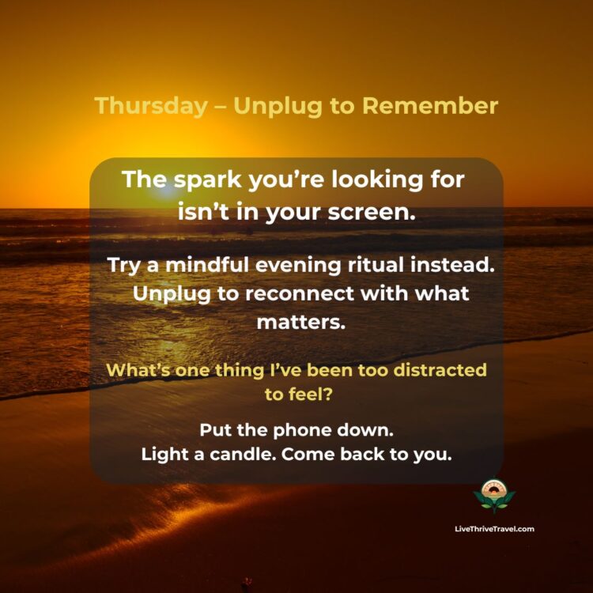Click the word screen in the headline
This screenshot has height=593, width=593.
(x=375, y=211)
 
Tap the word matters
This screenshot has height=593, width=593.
(x=296, y=323)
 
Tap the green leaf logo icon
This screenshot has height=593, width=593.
(x=494, y=495)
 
